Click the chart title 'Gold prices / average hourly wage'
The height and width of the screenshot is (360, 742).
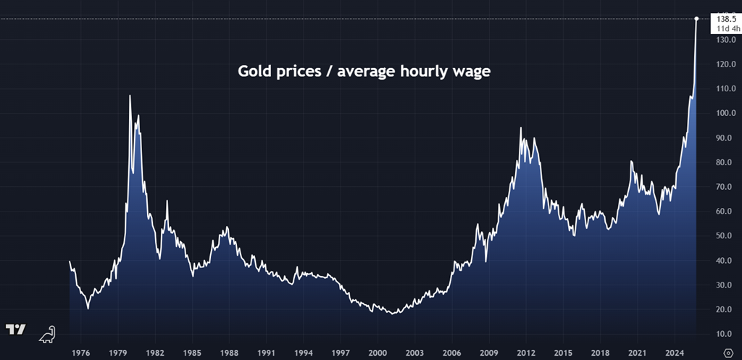(365, 72)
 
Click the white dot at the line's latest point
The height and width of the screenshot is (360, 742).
(696, 19)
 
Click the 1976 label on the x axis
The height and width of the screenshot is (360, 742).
(80, 353)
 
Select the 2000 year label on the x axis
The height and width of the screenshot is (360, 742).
(377, 353)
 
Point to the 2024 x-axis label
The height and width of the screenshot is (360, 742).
(674, 353)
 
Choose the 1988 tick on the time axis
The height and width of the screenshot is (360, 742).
(229, 353)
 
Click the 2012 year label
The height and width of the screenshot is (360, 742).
(525, 353)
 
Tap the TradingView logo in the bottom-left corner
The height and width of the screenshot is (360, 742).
(16, 330)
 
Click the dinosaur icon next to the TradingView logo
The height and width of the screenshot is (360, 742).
(48, 333)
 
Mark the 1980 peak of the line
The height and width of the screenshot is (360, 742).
(130, 96)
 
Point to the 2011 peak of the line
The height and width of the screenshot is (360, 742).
(520, 128)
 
